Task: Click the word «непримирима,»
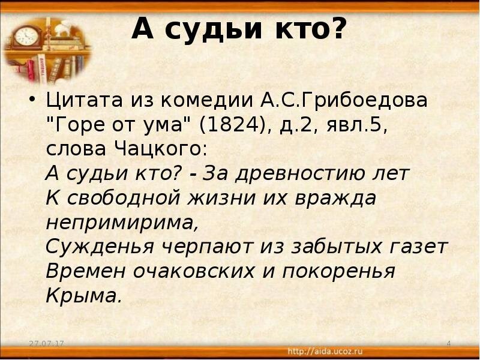pyautogui.click(x=122, y=223)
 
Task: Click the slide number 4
pyautogui.click(x=449, y=343)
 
